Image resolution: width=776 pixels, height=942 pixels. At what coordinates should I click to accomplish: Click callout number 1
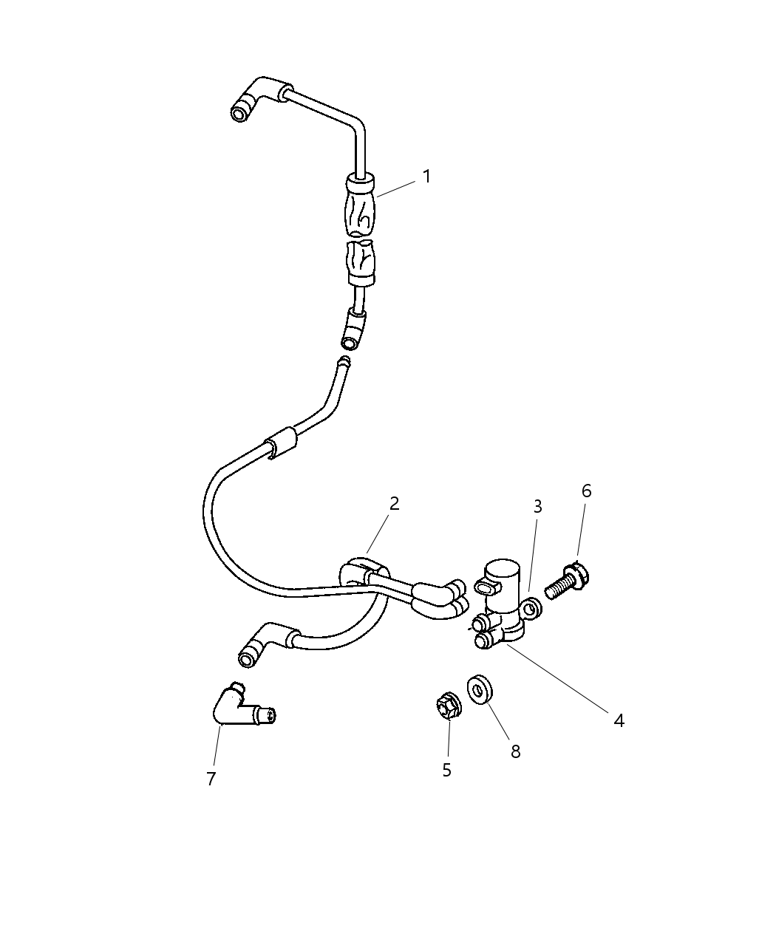pyautogui.click(x=426, y=177)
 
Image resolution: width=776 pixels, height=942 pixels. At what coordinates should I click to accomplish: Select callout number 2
pyautogui.click(x=394, y=504)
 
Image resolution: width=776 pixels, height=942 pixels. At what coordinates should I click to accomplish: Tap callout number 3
pyautogui.click(x=538, y=507)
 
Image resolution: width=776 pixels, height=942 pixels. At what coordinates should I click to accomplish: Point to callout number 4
pyautogui.click(x=619, y=720)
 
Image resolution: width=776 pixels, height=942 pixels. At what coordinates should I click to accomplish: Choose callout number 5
pyautogui.click(x=446, y=770)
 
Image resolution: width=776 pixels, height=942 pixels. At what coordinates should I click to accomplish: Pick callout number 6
pyautogui.click(x=586, y=491)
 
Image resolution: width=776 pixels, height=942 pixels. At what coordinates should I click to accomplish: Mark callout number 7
pyautogui.click(x=211, y=779)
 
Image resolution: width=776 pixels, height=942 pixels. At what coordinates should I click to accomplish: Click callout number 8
pyautogui.click(x=516, y=751)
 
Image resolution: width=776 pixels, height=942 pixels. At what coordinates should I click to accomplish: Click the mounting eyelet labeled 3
pyautogui.click(x=531, y=607)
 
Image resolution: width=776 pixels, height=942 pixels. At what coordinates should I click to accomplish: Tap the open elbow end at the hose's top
pyautogui.click(x=241, y=111)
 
